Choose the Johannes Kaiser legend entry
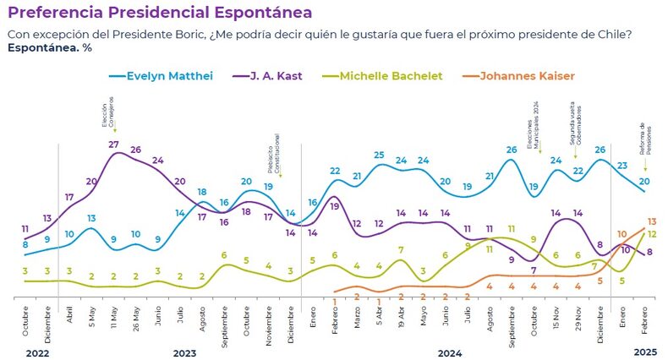[526, 76]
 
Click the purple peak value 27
[113, 145]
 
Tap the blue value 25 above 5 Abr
[379, 155]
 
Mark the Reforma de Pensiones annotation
[643, 139]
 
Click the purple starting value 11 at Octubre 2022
[25, 229]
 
